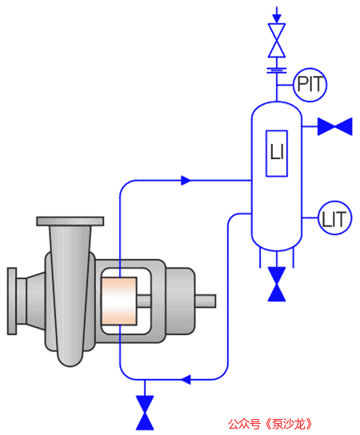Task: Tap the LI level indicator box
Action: pyautogui.click(x=277, y=154)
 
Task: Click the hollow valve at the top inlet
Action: pyautogui.click(x=277, y=41)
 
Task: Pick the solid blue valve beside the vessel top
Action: pyautogui.click(x=334, y=126)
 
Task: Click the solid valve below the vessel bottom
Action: pyautogui.click(x=277, y=284)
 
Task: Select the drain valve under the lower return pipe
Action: pyautogui.click(x=145, y=413)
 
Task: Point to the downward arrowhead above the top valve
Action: pyautogui.click(x=277, y=19)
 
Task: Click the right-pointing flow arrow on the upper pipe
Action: pyautogui.click(x=186, y=181)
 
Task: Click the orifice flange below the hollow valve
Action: pyautogui.click(x=277, y=70)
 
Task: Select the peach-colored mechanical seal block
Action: pyautogui.click(x=118, y=301)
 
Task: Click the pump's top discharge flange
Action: pyautogui.click(x=70, y=221)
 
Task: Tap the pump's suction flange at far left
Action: pyautogui.click(x=12, y=301)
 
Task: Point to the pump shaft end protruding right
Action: pyautogui.click(x=206, y=301)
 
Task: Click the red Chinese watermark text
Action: pyautogui.click(x=270, y=424)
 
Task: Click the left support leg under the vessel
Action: pyautogui.click(x=260, y=257)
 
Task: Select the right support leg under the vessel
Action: pyautogui.click(x=293, y=257)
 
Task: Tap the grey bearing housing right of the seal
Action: pyautogui.click(x=181, y=301)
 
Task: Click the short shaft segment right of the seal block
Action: pyautogui.click(x=144, y=301)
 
